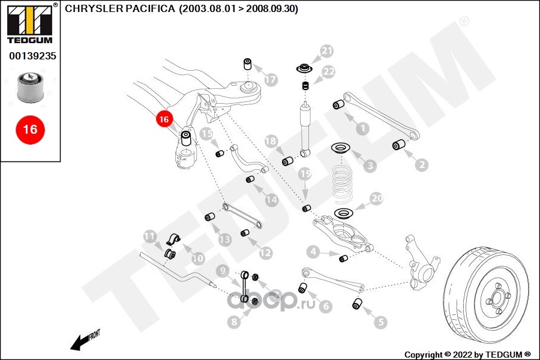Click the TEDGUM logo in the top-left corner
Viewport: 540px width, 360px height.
(29, 25)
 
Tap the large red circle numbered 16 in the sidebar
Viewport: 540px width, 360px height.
(30, 129)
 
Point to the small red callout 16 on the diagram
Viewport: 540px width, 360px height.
(164, 119)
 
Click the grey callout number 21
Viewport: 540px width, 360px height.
(326, 52)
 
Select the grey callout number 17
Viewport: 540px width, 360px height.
(271, 79)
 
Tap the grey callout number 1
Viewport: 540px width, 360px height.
(362, 128)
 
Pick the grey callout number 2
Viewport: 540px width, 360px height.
(421, 164)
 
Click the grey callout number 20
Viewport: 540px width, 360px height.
(376, 199)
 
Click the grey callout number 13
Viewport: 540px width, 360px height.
(224, 239)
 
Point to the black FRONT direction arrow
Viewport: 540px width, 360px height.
(80, 342)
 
